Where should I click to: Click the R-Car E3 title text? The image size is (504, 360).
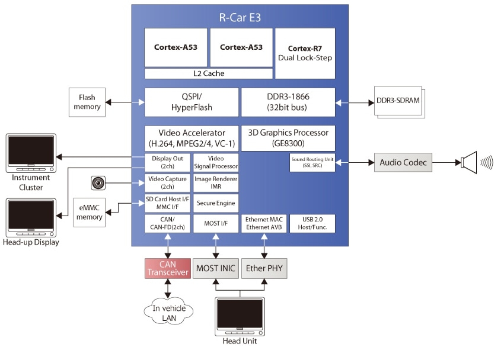[x=240, y=18]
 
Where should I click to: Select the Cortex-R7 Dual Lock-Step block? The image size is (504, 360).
[x=305, y=53]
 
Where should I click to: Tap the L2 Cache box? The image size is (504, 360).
[x=208, y=73]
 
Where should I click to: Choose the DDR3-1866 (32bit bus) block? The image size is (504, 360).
[x=288, y=102]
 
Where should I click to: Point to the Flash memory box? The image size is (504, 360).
[x=87, y=102]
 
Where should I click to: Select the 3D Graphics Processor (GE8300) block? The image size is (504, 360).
[x=288, y=138]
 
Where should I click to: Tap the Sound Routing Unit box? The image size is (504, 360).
[x=312, y=162]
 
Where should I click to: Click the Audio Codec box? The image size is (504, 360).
[x=403, y=162]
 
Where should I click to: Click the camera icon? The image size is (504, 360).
[x=98, y=183]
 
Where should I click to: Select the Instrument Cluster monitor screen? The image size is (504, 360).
[x=31, y=150]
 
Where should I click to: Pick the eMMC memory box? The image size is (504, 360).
[x=89, y=212]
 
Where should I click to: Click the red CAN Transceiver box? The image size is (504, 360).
[x=168, y=268]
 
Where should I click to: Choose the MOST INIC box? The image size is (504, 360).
[x=215, y=268]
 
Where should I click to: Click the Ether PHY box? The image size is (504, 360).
[x=264, y=268]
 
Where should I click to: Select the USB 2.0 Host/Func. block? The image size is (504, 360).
[x=312, y=223]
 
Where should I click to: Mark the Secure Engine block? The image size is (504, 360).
[x=215, y=203]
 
